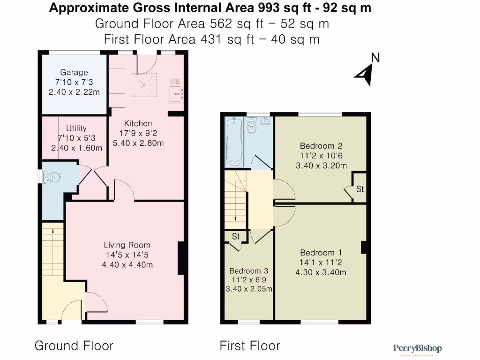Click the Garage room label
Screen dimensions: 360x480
[x=74, y=72]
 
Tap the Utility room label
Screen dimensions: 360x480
[x=76, y=128]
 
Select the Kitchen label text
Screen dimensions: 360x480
[x=138, y=123]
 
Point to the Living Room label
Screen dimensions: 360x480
[x=127, y=245]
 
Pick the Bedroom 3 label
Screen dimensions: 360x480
[x=249, y=271]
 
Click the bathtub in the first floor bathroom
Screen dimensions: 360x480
[x=233, y=142]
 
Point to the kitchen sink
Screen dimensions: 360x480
[x=176, y=91]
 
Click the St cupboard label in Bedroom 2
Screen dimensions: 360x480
[x=360, y=189]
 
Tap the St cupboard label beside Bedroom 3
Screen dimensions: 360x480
[x=236, y=237]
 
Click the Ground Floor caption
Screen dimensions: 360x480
[x=74, y=346]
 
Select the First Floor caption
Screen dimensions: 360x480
[x=250, y=346]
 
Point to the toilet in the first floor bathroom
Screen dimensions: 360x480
[x=252, y=127]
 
